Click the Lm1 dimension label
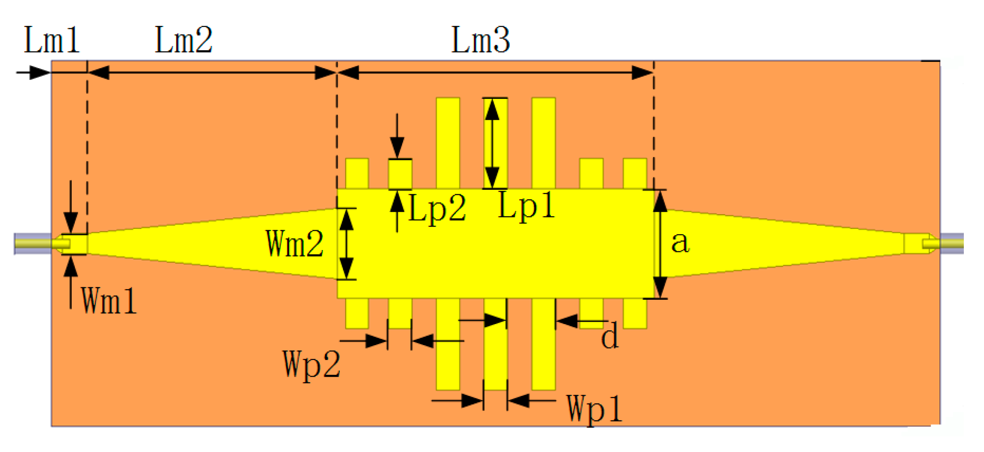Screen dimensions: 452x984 pos(52,40)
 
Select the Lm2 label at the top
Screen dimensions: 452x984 pos(183,40)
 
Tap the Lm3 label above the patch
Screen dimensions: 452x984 pos(480,40)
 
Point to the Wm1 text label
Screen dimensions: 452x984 pos(108,300)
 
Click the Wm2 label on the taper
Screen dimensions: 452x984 pos(295,243)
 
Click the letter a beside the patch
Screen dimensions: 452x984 pos(680,242)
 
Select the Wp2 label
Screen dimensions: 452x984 pos(311,364)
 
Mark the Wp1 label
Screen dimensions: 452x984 pos(594,409)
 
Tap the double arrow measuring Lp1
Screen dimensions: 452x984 pos(492,143)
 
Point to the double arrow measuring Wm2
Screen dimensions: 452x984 pos(347,244)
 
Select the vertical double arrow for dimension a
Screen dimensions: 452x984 pos(660,244)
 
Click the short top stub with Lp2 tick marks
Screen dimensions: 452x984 pos(400,174)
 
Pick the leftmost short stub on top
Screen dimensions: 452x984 pos(357,174)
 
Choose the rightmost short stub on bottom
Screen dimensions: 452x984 pos(635,313)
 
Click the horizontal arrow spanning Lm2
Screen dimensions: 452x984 pos(212,72)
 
